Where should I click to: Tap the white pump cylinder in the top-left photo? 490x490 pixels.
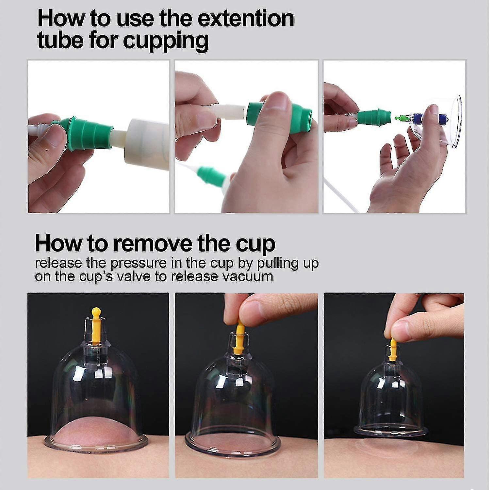click(x=147, y=140)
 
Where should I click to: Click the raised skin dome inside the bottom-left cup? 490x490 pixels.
click(x=95, y=428)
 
